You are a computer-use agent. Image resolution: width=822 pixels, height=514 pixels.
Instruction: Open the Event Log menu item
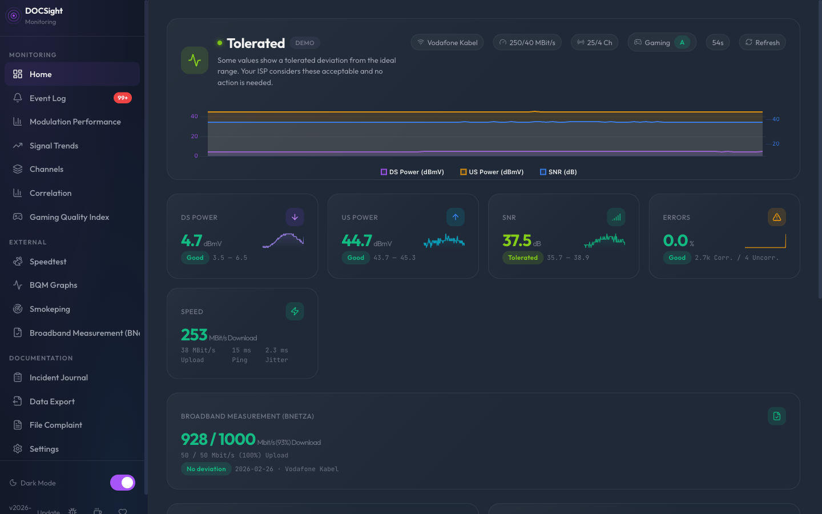(48, 98)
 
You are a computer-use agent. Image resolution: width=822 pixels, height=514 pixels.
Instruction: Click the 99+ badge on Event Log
(122, 98)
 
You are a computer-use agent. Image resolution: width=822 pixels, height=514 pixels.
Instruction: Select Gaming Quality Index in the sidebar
(69, 217)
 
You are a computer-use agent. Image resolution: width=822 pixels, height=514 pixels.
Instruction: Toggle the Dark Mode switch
(123, 483)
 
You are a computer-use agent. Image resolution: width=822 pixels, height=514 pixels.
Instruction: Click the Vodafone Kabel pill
(447, 42)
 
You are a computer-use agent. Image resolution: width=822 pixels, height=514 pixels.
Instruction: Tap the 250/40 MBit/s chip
(527, 42)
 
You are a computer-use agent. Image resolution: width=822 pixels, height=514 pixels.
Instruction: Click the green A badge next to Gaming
(682, 42)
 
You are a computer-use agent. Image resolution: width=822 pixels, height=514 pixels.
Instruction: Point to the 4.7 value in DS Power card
(192, 240)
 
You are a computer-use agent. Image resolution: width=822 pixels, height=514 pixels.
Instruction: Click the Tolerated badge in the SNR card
(523, 258)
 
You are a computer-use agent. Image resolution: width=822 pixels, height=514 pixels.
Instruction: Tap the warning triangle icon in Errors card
(776, 217)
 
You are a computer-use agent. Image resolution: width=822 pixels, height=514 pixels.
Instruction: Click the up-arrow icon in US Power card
(455, 217)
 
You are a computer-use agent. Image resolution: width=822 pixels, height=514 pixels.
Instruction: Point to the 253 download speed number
(194, 335)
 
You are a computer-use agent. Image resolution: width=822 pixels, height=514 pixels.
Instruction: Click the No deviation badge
(206, 469)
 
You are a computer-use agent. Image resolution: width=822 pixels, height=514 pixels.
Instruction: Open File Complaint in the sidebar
(55, 425)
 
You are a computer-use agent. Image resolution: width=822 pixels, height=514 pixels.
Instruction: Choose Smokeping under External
(50, 309)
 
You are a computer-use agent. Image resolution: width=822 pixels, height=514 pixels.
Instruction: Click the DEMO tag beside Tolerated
(305, 43)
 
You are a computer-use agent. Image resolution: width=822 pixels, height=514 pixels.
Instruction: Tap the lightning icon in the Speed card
(295, 311)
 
